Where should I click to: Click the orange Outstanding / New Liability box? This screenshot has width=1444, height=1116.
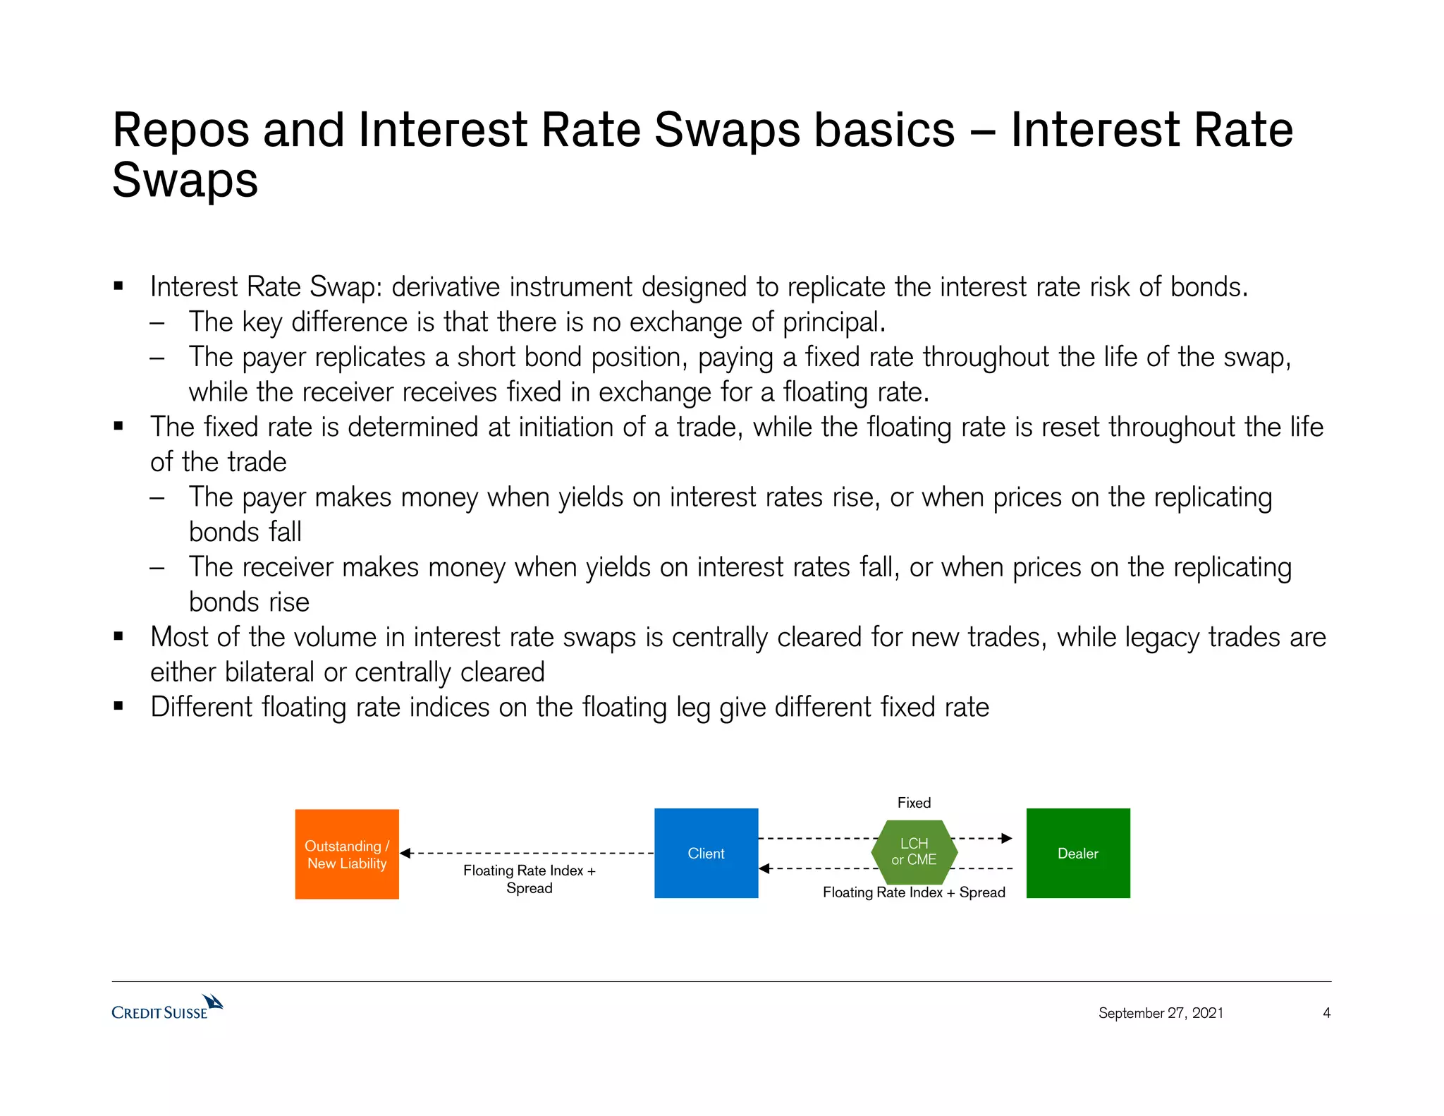(347, 854)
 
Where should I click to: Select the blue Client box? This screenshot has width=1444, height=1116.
(706, 853)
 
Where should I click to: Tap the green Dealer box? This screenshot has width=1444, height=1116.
(1077, 853)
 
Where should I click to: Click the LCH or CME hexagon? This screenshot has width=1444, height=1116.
(914, 851)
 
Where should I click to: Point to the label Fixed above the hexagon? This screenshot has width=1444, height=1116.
(914, 803)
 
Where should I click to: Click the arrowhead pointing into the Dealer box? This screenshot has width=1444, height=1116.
(1007, 838)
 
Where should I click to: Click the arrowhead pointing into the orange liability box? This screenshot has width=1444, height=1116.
(405, 854)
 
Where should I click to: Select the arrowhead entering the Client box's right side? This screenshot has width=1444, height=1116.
(764, 868)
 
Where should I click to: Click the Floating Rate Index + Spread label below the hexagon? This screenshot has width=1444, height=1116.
(914, 892)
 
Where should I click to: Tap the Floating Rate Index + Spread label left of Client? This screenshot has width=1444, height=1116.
(529, 879)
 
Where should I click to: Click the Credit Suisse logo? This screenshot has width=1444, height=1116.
(167, 1008)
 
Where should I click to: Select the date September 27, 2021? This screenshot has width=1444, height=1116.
(1161, 1013)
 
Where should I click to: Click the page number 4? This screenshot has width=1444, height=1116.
(1326, 1013)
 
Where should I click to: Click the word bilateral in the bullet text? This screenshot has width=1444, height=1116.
(269, 672)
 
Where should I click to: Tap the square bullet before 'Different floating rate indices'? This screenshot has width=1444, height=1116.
(118, 706)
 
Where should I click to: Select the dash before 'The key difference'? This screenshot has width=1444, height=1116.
(157, 323)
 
